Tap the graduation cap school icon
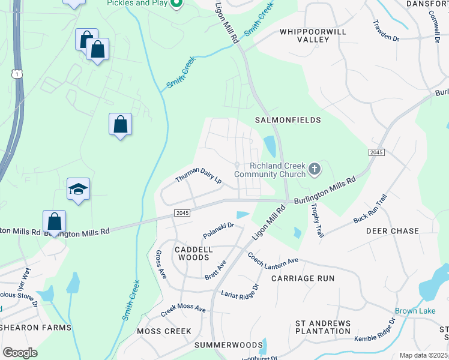78,189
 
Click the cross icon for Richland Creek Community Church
314,170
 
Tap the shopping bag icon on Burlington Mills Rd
54,221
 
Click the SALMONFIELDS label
288,120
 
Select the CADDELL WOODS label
193,253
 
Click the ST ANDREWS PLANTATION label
322,327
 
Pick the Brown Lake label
415,311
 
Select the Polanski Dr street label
218,229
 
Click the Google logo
20,352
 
